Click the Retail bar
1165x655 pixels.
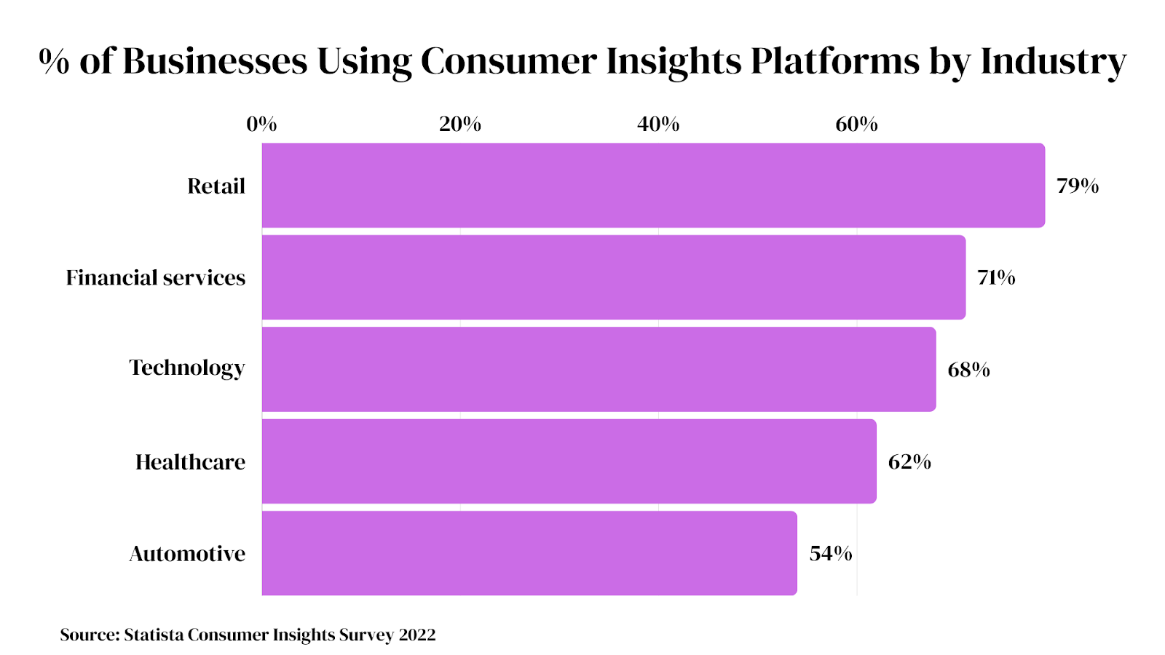pyautogui.click(x=653, y=186)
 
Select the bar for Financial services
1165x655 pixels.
pyautogui.click(x=614, y=277)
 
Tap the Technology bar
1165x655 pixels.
pyautogui.click(x=599, y=369)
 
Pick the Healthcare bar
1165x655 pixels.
pyautogui.click(x=569, y=461)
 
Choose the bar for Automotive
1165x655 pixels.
pyautogui.click(x=529, y=553)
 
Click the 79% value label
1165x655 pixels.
pyautogui.click(x=1078, y=186)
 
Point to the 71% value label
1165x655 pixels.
pyautogui.click(x=996, y=278)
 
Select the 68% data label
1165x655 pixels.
pyautogui.click(x=968, y=370)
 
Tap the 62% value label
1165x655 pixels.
pyautogui.click(x=909, y=462)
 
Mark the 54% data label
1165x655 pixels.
pyautogui.click(x=831, y=554)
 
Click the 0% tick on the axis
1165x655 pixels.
pyautogui.click(x=261, y=124)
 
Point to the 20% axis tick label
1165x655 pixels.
pyautogui.click(x=460, y=124)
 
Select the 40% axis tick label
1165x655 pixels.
pyautogui.click(x=658, y=124)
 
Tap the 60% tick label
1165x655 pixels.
pyautogui.click(x=856, y=124)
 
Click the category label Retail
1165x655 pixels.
pyautogui.click(x=216, y=186)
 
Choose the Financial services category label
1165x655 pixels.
pyautogui.click(x=156, y=278)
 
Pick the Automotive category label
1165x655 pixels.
pyautogui.click(x=187, y=554)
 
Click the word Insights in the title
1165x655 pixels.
pyautogui.click(x=674, y=62)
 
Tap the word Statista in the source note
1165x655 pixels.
pyautogui.click(x=154, y=635)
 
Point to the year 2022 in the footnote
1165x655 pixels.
pyautogui.click(x=417, y=635)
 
